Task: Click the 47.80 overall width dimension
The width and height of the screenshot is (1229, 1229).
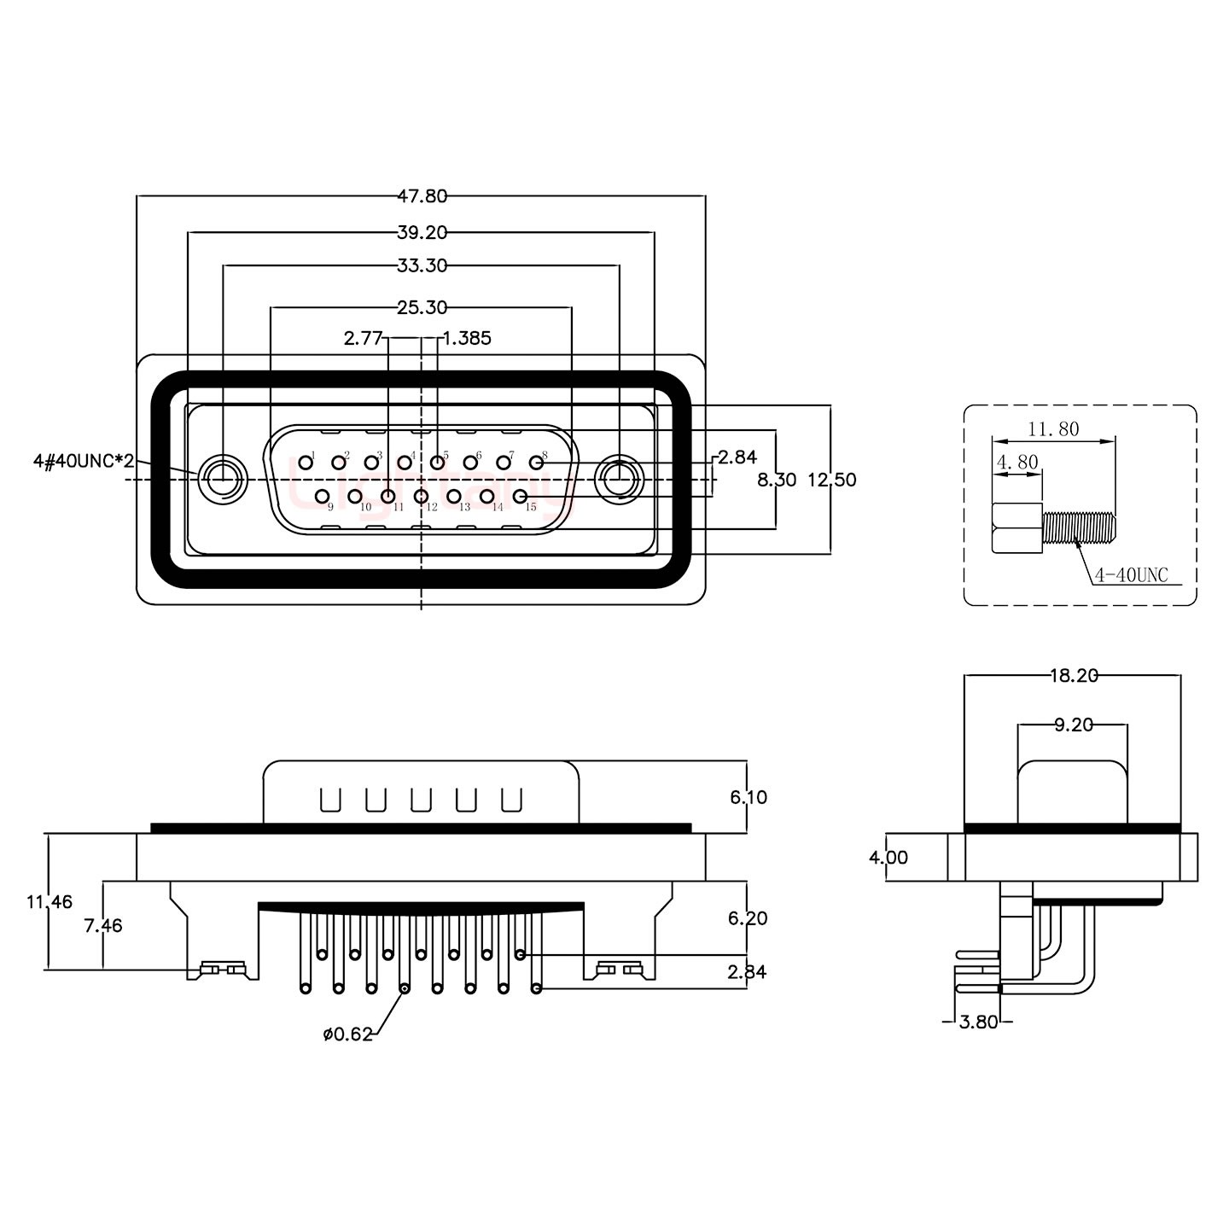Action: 422,196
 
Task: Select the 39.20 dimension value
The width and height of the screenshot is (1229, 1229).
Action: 422,231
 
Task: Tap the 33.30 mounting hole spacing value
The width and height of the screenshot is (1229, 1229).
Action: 422,265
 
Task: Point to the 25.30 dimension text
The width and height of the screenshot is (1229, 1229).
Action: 422,306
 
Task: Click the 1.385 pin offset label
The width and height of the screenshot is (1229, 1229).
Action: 468,338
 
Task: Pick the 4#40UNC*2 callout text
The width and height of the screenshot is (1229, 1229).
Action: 83,462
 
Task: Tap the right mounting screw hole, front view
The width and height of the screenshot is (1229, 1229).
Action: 619,479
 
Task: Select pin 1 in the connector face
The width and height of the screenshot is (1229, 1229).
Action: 305,462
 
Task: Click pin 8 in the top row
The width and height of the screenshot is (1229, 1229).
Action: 536,462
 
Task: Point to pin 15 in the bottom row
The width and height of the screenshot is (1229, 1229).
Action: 520,495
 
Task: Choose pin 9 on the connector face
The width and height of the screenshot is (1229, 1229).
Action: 322,495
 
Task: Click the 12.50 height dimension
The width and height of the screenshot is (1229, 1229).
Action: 832,480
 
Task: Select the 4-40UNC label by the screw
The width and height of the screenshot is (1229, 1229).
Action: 1130,575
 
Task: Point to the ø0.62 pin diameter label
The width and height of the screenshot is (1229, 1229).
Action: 348,1034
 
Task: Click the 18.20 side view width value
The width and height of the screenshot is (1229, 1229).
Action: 1073,676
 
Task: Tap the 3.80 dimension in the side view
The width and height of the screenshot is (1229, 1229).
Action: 978,1022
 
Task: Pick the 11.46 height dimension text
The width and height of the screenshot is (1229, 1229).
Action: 50,900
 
